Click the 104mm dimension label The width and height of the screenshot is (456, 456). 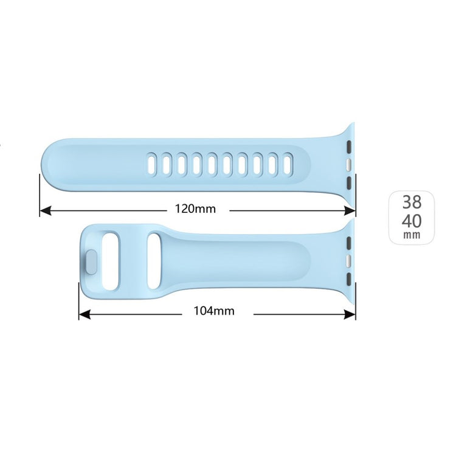pos(214,311)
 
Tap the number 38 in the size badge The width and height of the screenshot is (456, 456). pos(412,203)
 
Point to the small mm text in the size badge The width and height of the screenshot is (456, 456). pos(412,234)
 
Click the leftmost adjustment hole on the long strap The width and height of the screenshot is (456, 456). pos(150,164)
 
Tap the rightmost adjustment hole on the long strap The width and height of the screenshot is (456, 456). pos(288,164)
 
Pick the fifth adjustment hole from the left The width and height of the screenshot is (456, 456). pos(212,164)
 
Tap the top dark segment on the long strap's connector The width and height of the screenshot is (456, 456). pos(349,147)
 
